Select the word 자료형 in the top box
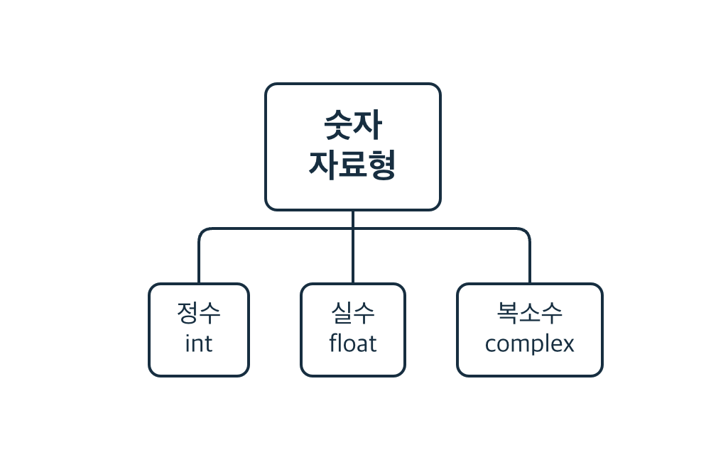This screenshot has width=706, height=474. [x=352, y=165]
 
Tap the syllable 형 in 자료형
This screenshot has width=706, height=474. [x=381, y=165]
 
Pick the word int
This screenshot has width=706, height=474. [x=199, y=344]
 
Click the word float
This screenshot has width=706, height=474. [x=352, y=344]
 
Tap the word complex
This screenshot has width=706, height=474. [x=529, y=345]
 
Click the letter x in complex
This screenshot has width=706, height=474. [x=567, y=345]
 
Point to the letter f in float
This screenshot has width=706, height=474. [x=334, y=343]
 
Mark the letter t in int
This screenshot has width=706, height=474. [x=209, y=344]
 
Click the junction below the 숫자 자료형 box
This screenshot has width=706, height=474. [x=352, y=229]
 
